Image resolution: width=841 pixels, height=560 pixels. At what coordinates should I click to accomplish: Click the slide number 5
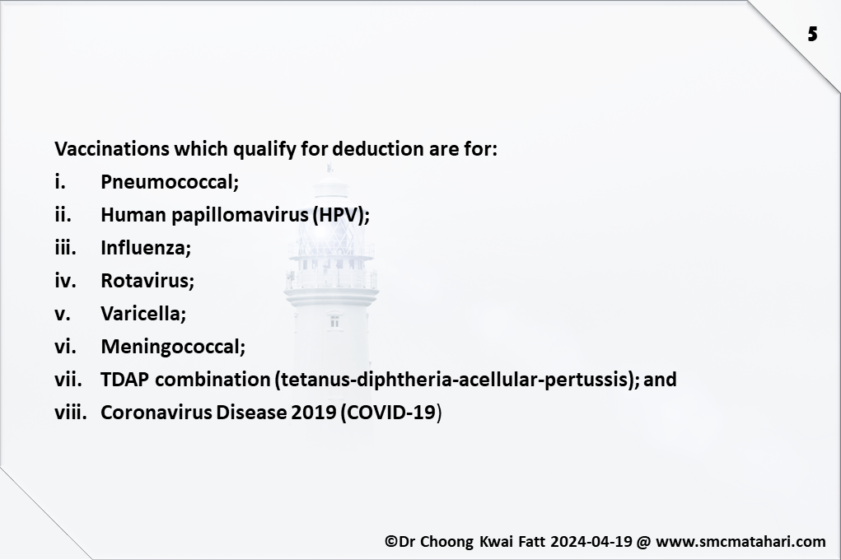812,35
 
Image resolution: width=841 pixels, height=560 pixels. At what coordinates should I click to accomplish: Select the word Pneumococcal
170,182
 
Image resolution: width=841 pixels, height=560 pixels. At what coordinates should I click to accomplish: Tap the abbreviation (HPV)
341,215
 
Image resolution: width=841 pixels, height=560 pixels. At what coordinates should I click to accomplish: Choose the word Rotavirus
147,281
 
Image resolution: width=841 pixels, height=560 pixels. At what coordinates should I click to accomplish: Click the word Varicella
143,313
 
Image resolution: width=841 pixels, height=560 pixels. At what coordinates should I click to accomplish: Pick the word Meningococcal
173,347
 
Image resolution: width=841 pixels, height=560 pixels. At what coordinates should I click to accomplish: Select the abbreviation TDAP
125,379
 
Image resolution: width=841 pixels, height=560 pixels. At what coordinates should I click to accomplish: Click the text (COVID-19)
391,413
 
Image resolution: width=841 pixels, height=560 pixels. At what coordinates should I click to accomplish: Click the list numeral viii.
70,413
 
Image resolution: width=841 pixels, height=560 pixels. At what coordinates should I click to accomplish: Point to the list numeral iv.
65,281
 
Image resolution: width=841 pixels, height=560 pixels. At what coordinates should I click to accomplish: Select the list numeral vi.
65,347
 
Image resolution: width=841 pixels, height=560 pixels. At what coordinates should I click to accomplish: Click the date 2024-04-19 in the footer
591,541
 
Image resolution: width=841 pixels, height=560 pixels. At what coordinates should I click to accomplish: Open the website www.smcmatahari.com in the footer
741,542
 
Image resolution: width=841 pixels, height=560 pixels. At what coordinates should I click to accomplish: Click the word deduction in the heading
378,148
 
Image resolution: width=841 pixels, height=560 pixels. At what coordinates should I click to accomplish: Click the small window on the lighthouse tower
334,321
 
